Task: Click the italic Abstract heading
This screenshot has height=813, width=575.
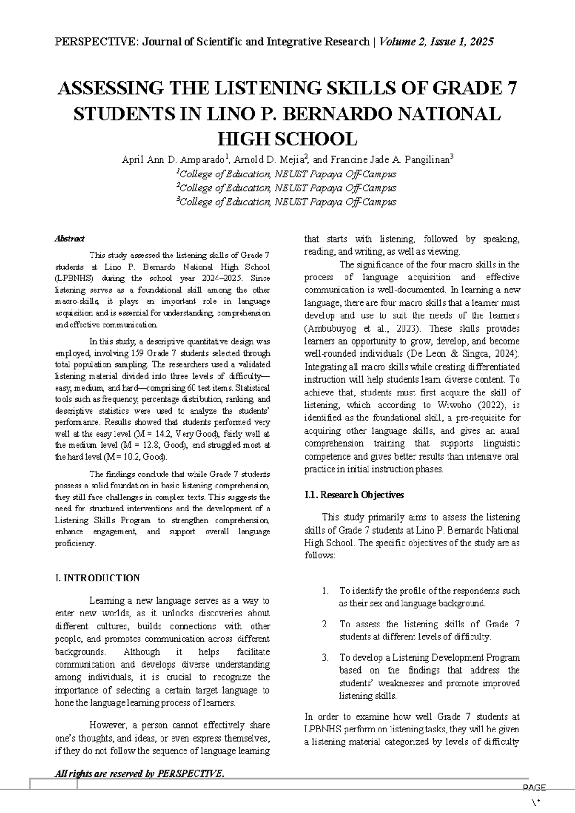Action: tap(69, 238)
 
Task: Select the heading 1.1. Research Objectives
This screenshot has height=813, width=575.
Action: tap(354, 495)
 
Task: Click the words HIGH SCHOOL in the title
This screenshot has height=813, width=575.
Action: tap(287, 139)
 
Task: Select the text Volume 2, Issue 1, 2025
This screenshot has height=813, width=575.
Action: tap(436, 42)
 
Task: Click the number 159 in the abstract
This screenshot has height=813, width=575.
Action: tap(138, 354)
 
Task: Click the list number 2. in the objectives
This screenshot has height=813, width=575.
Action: tap(325, 624)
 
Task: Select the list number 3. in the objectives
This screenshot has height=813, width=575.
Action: tap(325, 658)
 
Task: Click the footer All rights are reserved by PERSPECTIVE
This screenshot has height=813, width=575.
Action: tap(139, 773)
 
